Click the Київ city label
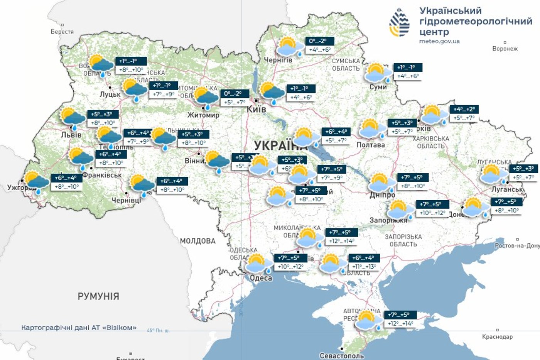pos(256,109)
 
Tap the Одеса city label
pos(261,278)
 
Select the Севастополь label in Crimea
pos(342,356)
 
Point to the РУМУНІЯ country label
pos(98,296)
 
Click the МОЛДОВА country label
pos(197,241)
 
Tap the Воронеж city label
pos(505,49)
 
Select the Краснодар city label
pos(497,336)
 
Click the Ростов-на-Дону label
pos(517,245)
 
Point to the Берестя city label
pos(62,32)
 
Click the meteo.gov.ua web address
pos(439,41)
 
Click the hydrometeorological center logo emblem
pos(399,22)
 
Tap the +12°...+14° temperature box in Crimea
pos(400,324)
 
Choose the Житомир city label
pos(203,115)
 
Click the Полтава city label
pos(370,145)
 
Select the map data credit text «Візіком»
pos(79,328)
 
